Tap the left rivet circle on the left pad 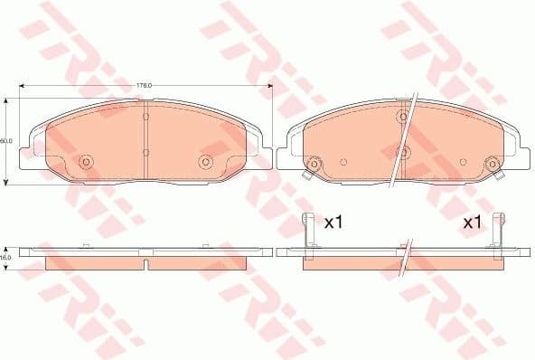pos(87,162)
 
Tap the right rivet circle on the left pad pos(204,162)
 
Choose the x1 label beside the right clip pos(472,222)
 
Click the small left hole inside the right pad pos(343,163)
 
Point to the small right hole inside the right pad pos(464,163)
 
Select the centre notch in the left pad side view pos(145,264)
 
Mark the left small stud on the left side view pos(83,244)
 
